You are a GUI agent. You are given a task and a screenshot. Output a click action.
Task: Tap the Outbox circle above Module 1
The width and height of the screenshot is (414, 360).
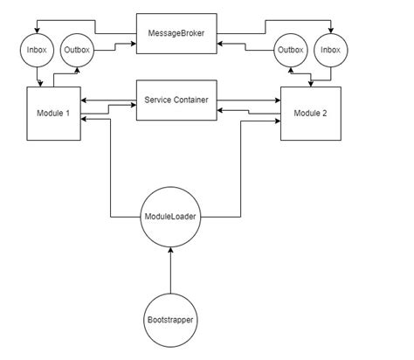[76, 51]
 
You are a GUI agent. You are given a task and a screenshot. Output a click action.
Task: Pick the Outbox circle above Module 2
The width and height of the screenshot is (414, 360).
[291, 51]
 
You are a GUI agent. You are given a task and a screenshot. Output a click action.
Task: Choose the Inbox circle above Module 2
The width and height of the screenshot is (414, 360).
[330, 51]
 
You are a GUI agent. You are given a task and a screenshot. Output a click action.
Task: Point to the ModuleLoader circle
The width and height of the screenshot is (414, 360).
[170, 217]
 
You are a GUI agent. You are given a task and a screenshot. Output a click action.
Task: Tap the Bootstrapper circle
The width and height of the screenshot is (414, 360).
[170, 320]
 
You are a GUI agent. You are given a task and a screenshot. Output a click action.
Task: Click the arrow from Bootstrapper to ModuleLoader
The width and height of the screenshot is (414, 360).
[170, 271]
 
